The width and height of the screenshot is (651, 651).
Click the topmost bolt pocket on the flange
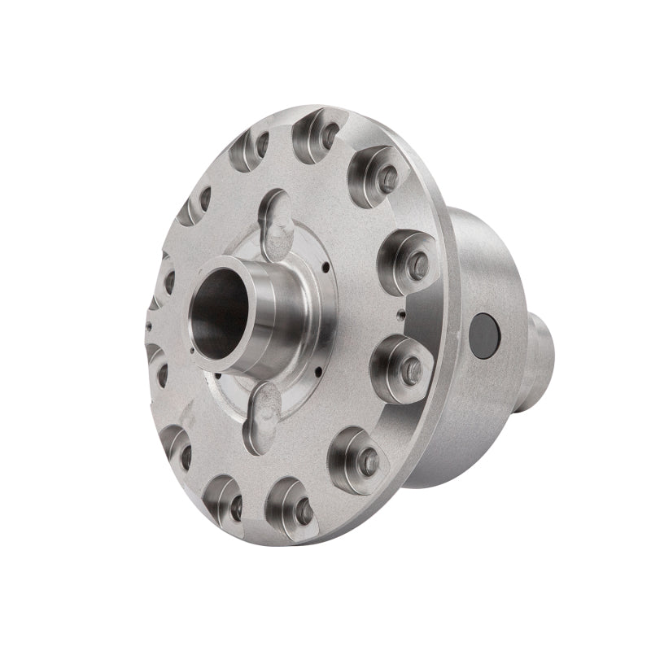(x=320, y=134)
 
